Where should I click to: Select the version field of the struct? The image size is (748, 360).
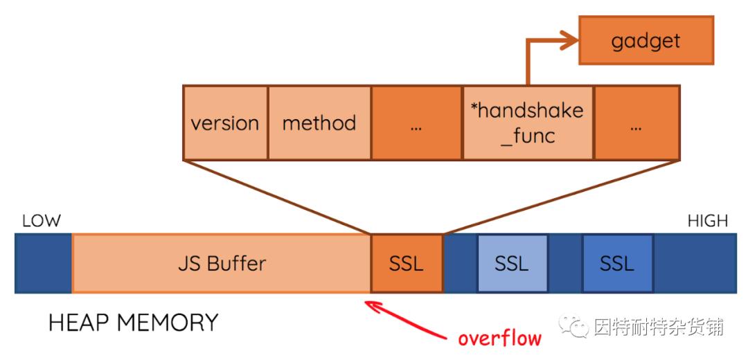coord(225,123)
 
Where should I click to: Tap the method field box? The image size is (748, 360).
coord(319,123)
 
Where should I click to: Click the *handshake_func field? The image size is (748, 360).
coord(527,123)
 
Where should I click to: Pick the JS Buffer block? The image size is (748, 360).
coord(222,263)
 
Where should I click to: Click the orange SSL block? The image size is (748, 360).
coord(407,263)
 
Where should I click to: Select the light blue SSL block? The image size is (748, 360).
coord(512,263)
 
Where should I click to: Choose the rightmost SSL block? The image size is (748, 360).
coord(617,263)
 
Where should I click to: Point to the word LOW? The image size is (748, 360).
coord(42,222)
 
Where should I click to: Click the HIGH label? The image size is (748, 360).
coord(707,222)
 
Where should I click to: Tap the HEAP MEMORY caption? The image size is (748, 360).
coord(134,323)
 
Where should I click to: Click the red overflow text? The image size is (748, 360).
coord(499,338)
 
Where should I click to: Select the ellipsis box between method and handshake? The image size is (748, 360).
coord(416,123)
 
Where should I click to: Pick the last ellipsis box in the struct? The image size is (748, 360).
coord(636,123)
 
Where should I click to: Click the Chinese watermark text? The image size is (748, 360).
coord(658,326)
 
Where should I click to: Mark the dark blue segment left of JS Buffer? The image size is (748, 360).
coord(43,263)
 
